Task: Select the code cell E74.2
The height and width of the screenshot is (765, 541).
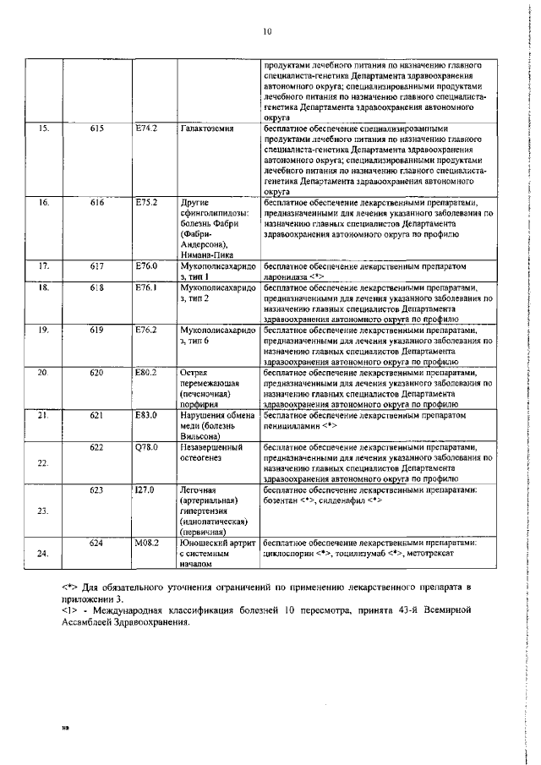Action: [x=146, y=128]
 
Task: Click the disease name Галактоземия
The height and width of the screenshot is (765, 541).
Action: [x=207, y=128]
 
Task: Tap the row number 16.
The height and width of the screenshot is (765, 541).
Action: [x=44, y=203]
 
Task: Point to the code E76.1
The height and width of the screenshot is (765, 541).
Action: [x=146, y=287]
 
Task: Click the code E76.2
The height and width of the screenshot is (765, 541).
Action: [x=146, y=330]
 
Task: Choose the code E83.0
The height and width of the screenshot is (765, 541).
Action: [x=146, y=415]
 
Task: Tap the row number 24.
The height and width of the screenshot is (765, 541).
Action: [x=44, y=554]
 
